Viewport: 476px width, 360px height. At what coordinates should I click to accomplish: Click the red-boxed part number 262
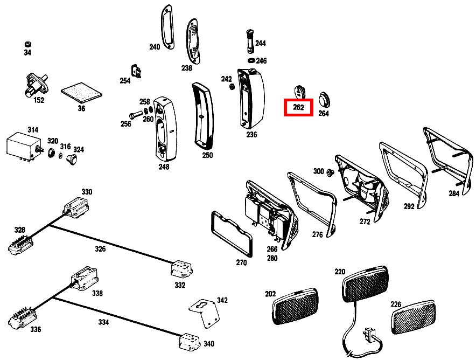click(x=298, y=107)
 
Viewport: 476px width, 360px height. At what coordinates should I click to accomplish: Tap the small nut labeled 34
click(x=27, y=44)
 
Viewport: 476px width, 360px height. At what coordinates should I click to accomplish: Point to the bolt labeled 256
click(x=135, y=114)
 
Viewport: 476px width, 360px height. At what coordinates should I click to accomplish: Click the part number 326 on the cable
click(x=101, y=248)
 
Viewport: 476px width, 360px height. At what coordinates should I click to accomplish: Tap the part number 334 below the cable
click(x=103, y=322)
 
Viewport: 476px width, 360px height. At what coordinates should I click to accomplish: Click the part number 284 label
click(x=454, y=193)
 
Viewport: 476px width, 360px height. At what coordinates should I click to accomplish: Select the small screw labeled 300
click(x=332, y=172)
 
